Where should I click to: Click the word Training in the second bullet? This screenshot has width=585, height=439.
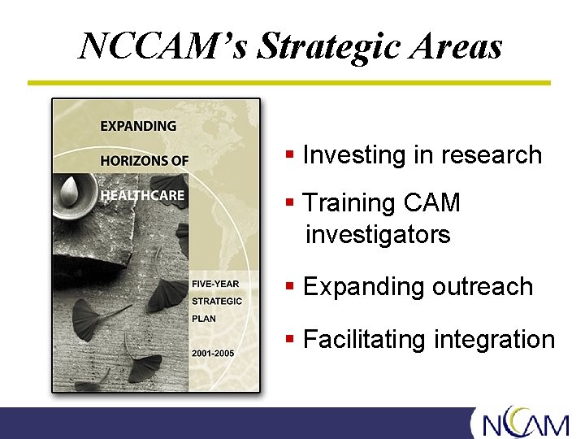(350, 202)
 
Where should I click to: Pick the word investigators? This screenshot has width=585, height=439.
(378, 235)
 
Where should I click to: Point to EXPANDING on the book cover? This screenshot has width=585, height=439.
(138, 126)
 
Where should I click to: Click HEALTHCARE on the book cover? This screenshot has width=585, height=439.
(142, 195)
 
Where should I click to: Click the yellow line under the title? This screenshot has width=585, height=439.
(288, 83)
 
